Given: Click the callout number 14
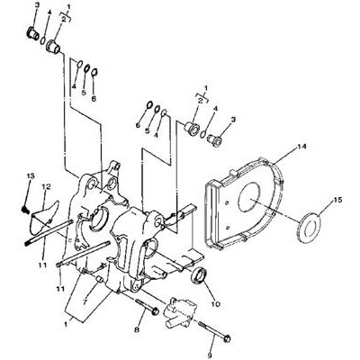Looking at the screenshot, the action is pos(301,147).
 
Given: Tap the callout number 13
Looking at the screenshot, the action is pos(31,175).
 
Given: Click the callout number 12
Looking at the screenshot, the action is pos(46,187).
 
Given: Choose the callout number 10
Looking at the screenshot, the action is pos(215,304).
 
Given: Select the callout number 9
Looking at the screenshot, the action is pos(209,356).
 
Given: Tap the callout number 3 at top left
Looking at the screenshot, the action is pos(38,5).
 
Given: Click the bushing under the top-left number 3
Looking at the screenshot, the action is pos(31,34).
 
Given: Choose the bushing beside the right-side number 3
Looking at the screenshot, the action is pos(215,139).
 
